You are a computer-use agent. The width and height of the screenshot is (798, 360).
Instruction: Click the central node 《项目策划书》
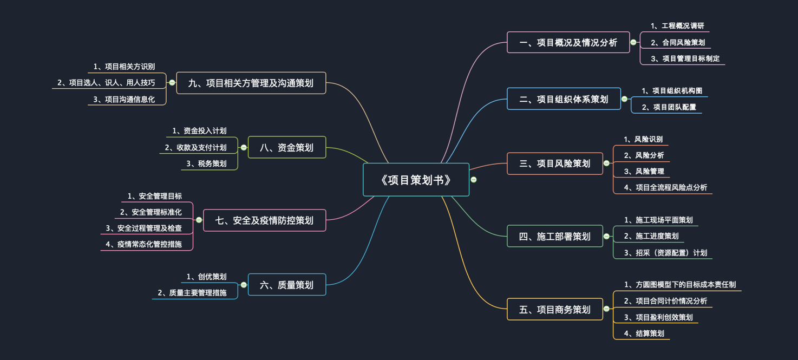point(416,180)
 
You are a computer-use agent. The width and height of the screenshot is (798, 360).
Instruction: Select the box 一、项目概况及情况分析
point(568,42)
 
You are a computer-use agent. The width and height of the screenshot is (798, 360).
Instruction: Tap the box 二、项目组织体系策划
point(564,99)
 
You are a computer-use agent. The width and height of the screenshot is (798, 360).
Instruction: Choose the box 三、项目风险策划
point(554,163)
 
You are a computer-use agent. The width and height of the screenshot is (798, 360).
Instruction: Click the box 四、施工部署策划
point(554,237)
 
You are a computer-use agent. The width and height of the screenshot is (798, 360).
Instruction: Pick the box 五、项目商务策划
point(554,310)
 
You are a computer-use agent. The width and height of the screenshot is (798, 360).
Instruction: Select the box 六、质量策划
point(286,285)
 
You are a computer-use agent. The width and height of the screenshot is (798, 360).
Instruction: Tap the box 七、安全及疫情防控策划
point(264,220)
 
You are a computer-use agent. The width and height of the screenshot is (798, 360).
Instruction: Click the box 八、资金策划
point(286,147)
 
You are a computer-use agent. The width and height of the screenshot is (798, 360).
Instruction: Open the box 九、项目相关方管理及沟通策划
point(251,83)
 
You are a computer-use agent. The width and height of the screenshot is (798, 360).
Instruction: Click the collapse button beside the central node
point(474,180)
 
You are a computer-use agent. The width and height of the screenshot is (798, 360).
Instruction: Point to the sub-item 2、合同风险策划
point(678,42)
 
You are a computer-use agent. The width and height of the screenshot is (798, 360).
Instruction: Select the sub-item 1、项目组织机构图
point(672,91)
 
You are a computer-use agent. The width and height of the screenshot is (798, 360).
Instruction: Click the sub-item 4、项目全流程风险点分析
point(665,188)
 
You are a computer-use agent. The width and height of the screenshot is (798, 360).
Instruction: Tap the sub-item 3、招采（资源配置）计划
point(665,253)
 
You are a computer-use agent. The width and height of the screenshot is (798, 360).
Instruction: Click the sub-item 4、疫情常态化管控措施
point(143,244)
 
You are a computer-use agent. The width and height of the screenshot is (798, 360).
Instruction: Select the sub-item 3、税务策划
point(206,163)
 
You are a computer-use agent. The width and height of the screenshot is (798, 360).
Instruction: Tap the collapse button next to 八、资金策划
point(244,147)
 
